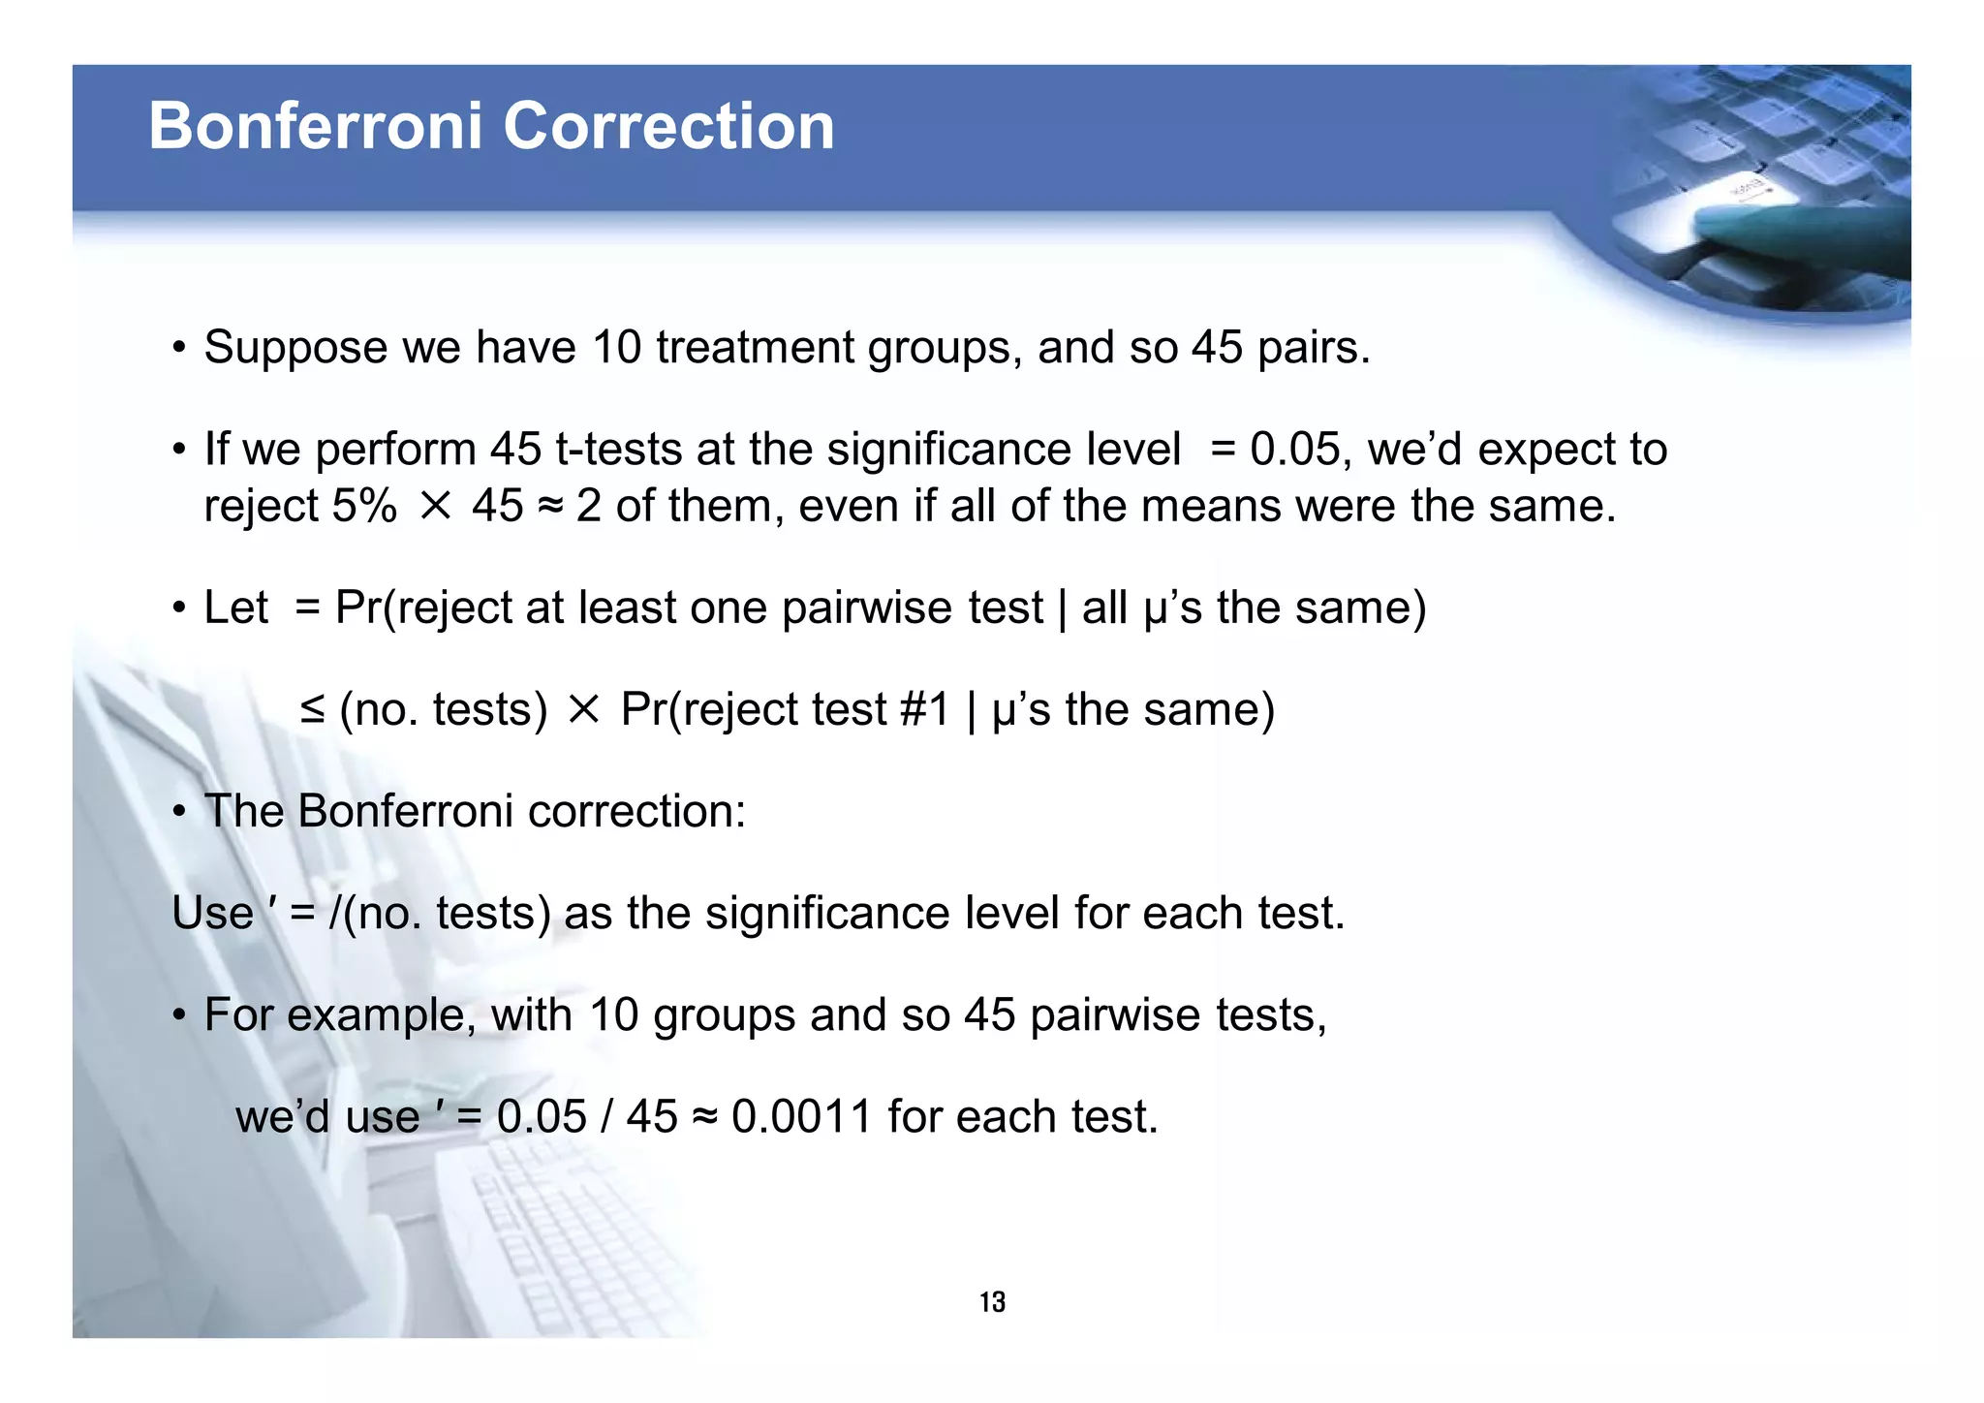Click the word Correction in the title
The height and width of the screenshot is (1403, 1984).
coord(667,126)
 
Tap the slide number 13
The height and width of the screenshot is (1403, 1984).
coord(992,1302)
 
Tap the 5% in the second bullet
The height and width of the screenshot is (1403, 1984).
coord(364,506)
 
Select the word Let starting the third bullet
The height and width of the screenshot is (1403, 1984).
coord(235,608)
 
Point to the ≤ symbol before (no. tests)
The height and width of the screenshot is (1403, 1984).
coord(312,710)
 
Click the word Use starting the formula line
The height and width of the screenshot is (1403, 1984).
coord(212,914)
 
